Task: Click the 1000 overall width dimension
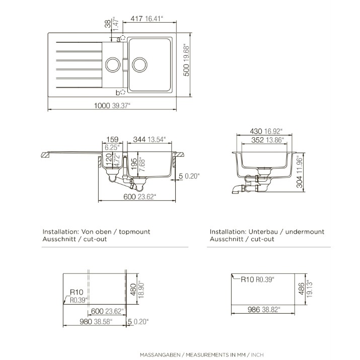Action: [x=102, y=105]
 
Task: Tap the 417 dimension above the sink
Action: [x=136, y=18]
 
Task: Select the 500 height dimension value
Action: [x=186, y=69]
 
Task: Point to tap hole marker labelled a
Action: [x=123, y=38]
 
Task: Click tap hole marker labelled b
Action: [x=123, y=92]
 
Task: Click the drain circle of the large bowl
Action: [x=139, y=65]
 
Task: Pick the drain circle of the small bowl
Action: [x=112, y=65]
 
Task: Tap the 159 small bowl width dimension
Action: [x=112, y=139]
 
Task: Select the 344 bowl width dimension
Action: [x=139, y=139]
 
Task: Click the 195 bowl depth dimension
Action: [x=133, y=164]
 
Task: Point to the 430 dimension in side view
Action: [x=256, y=131]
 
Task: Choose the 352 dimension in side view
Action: [x=257, y=140]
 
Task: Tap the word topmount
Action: [x=134, y=232]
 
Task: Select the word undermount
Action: [x=305, y=232]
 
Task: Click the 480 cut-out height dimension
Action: [x=133, y=290]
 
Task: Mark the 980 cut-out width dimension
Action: [x=86, y=322]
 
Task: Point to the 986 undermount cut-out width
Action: [x=254, y=310]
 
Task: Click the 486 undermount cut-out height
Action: [x=301, y=289]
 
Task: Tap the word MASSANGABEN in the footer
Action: [x=160, y=355]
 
